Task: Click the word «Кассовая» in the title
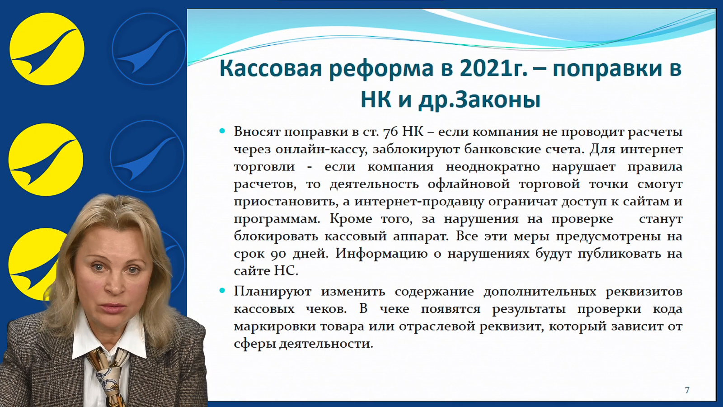point(271,68)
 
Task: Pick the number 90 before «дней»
point(278,254)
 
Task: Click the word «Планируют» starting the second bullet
point(273,292)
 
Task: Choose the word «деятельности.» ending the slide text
point(326,344)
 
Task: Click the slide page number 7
point(687,390)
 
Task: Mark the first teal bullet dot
point(222,132)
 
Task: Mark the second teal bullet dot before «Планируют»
point(222,291)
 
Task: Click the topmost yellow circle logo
point(47,49)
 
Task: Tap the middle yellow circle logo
point(46,160)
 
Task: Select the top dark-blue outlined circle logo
point(149,49)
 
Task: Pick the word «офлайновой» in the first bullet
point(469,185)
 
